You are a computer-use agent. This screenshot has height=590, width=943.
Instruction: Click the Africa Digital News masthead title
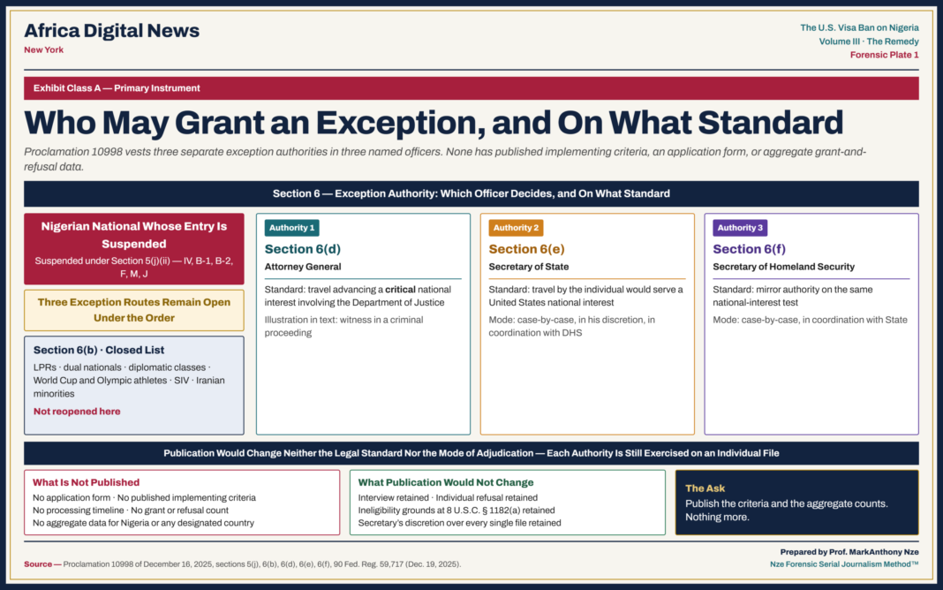112,31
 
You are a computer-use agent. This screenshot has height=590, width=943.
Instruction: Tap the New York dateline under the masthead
44,50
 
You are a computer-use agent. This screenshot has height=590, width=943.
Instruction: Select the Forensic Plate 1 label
884,55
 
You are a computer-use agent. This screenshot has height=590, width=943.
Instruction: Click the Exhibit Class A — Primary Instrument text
117,87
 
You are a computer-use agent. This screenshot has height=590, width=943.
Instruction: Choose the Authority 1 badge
291,228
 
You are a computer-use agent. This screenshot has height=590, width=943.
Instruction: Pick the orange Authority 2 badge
516,228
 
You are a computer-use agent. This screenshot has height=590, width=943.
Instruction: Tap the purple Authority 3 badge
740,228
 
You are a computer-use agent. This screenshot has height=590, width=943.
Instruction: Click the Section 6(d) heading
303,249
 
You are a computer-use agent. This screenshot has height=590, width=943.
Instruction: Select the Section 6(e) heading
526,249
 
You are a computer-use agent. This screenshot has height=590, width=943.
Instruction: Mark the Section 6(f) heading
749,249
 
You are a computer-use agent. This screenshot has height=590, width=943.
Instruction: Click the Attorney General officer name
303,267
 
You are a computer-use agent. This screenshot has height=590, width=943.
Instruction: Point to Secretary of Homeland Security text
784,267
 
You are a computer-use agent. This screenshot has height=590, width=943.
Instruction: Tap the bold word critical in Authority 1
400,290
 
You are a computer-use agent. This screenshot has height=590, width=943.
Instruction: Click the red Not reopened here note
77,412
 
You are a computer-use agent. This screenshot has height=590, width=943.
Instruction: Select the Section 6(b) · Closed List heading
99,350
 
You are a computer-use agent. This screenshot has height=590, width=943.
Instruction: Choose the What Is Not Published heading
86,482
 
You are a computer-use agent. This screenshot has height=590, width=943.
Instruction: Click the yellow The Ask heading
705,488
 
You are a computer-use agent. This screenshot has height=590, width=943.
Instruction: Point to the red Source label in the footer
38,564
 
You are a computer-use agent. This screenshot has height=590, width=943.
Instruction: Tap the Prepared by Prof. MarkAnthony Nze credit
849,551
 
